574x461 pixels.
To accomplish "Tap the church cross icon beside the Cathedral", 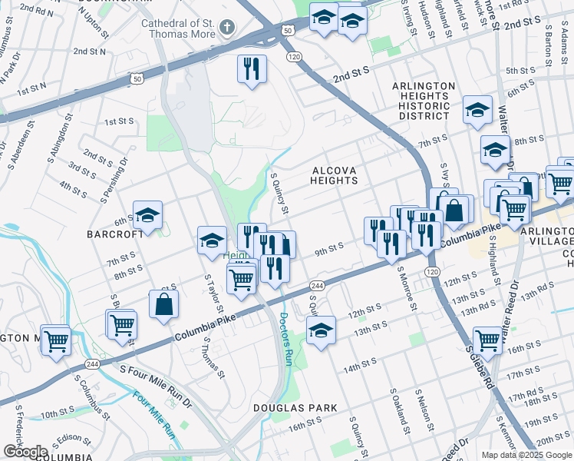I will [x=226, y=28].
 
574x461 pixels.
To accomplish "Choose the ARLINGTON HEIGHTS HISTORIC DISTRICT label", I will [x=424, y=101].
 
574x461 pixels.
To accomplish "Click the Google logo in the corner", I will [x=25, y=452].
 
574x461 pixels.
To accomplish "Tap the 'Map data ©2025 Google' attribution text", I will [x=526, y=455].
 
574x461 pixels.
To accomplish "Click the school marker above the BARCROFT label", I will [x=147, y=216].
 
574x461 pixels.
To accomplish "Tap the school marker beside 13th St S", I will [x=321, y=330].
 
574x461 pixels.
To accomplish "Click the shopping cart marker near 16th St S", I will [x=487, y=339].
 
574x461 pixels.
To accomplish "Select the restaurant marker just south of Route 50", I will [x=252, y=69].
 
